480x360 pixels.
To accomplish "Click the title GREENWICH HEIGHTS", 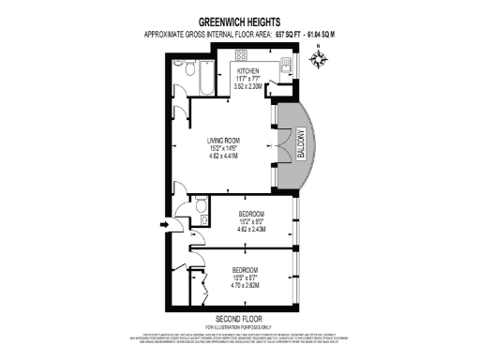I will coord(239,19).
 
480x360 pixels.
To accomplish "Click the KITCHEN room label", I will coord(247,71).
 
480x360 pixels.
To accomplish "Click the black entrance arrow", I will coord(166,224).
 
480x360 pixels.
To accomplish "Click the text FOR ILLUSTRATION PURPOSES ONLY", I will coord(239,325).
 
